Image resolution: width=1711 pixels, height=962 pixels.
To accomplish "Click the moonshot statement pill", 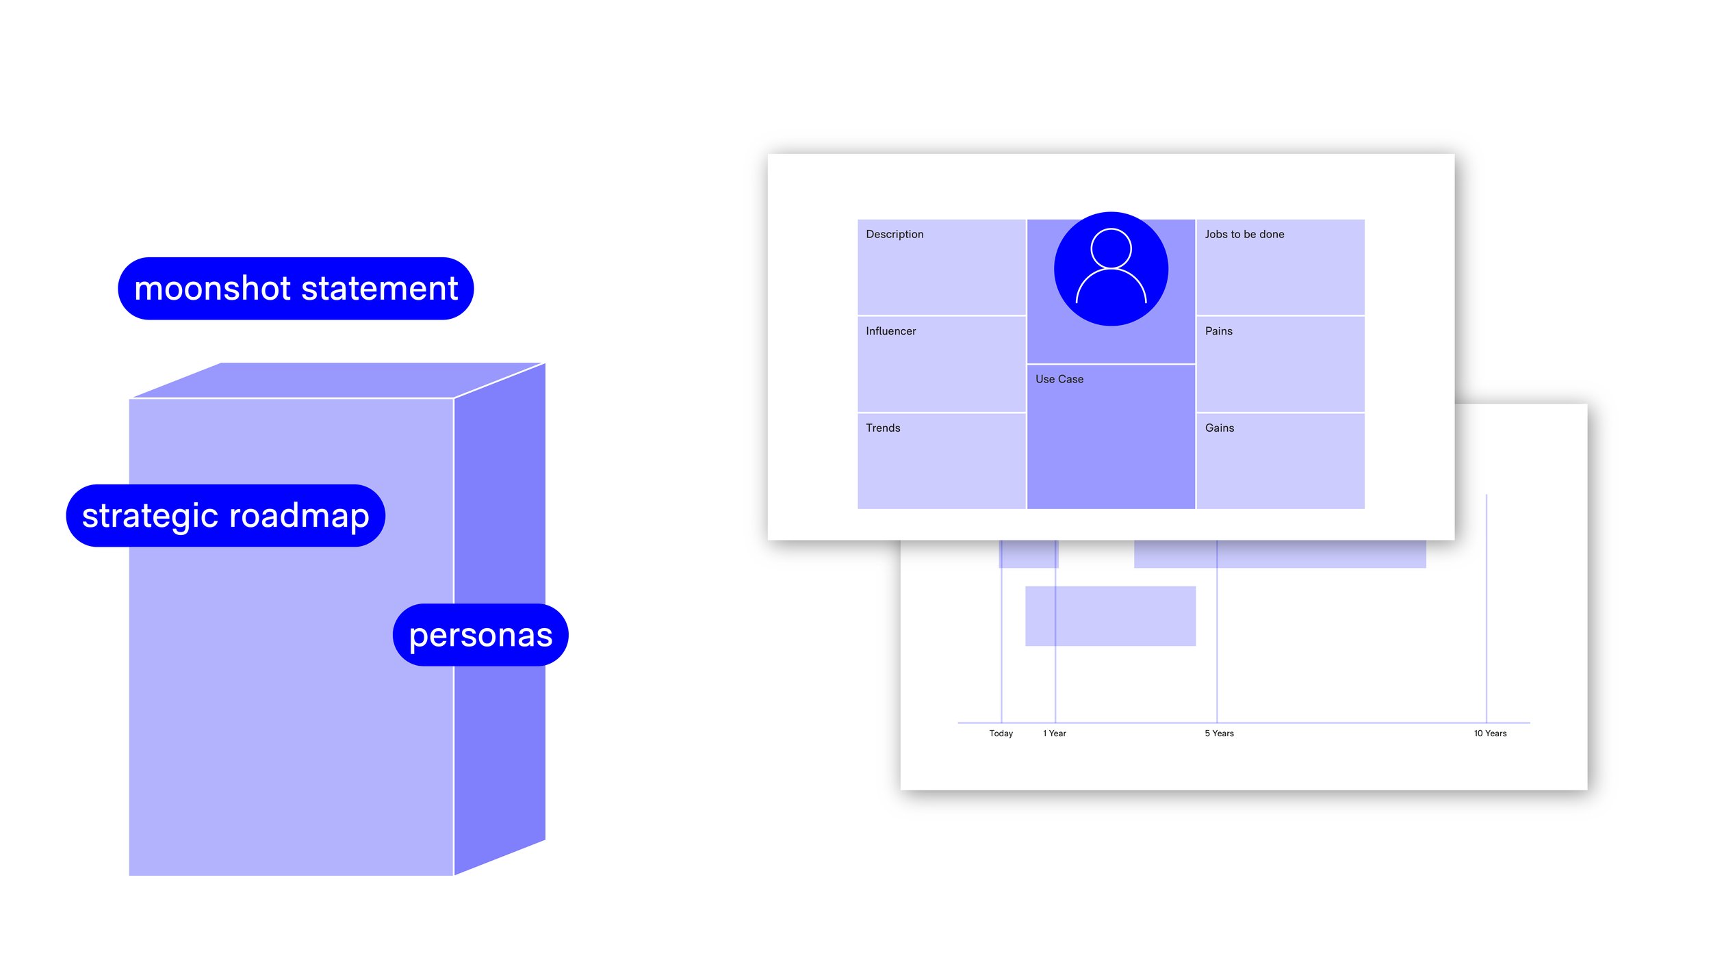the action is coord(296,288).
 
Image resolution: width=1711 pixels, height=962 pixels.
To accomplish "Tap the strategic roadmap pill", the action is coord(226,515).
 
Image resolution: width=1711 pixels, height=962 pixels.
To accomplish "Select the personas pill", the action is coord(480,634).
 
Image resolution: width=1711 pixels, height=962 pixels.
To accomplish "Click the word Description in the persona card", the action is coord(895,234).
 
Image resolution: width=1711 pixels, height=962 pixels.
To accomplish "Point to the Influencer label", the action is coord(890,331).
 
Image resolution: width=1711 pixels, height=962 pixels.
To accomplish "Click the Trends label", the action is coord(883,428).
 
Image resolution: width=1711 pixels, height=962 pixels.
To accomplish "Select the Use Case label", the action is coord(1059,379).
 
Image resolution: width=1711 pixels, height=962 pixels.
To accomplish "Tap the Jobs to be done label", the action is coord(1244,234).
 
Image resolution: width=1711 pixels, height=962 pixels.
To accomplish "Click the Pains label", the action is coord(1218,331).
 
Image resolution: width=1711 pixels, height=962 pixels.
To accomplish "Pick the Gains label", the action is coord(1220,428).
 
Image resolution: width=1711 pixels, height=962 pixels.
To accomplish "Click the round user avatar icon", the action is coord(1111,269).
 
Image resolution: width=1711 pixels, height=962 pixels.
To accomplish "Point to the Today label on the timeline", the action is coord(1001,733).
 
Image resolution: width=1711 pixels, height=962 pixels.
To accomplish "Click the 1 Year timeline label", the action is coord(1055,733).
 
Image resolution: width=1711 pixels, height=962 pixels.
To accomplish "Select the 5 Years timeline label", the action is coord(1219,733).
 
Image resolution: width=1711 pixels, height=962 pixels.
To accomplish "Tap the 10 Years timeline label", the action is coord(1490,733).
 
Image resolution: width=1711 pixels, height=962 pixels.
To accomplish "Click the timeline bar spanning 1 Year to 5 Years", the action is coord(1110,616).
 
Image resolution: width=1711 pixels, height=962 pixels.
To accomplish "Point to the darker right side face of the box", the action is coord(500,619).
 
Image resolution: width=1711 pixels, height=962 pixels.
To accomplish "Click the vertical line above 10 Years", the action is coord(1487,608).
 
